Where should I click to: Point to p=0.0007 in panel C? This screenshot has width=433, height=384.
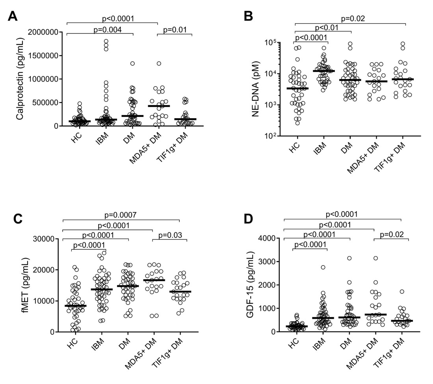click(121, 215)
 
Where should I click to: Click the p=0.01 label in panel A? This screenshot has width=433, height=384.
click(174, 29)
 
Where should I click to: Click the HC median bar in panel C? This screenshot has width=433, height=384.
click(75, 306)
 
